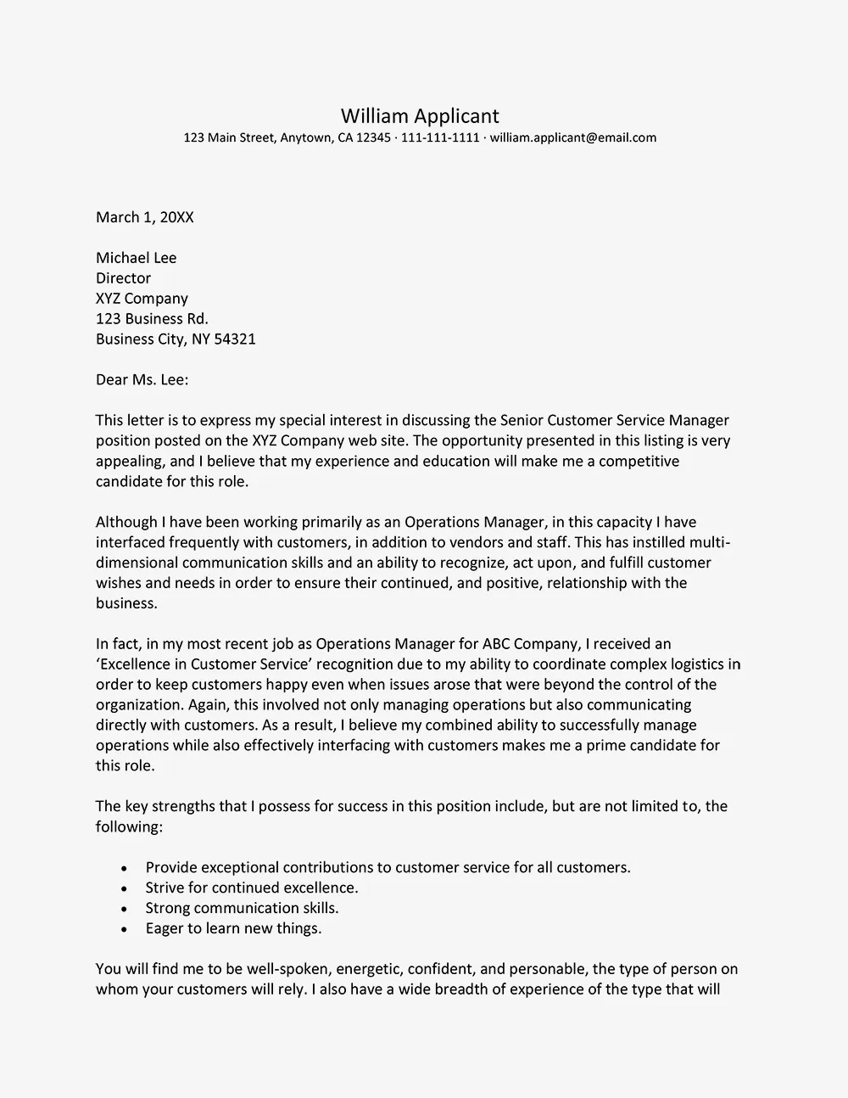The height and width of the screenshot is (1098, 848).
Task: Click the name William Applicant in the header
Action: pos(420,115)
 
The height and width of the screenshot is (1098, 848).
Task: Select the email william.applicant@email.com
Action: pos(573,137)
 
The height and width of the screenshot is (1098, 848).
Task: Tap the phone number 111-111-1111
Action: pos(440,137)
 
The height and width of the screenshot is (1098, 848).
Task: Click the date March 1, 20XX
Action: pos(145,217)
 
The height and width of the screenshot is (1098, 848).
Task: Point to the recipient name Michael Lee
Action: pos(137,258)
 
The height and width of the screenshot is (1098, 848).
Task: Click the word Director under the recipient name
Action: pos(123,278)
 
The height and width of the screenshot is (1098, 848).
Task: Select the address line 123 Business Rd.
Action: pos(152,319)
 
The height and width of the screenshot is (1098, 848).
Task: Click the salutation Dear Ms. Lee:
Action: pos(142,380)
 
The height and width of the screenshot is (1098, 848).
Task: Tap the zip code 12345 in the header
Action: pos(373,137)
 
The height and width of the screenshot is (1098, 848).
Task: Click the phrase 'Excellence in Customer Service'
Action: pos(202,664)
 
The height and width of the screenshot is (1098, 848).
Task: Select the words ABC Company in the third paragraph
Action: pos(528,644)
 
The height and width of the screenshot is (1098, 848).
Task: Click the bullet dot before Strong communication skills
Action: pos(125,909)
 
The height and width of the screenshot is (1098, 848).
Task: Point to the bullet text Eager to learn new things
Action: pos(233,928)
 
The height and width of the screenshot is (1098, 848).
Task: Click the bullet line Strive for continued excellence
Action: pos(252,888)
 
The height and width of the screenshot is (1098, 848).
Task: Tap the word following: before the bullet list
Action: pos(129,826)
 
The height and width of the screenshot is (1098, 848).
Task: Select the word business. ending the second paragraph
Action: pos(126,603)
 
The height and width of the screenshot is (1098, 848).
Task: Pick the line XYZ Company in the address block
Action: pos(142,299)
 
